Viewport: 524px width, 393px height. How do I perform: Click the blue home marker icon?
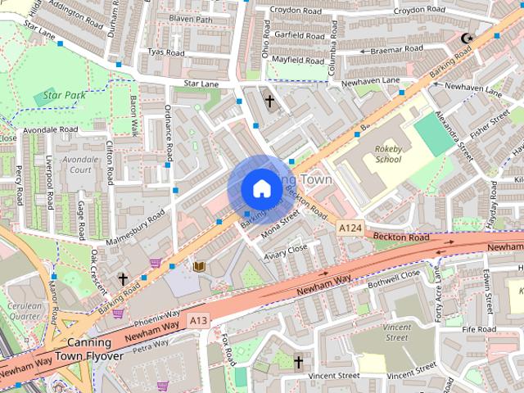261,188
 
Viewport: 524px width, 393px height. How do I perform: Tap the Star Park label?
65,96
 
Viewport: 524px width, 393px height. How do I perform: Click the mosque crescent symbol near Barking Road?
468,38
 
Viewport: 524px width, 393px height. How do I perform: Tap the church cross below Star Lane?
269,101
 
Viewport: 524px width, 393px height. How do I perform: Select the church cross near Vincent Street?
298,361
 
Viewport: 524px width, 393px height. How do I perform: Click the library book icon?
198,266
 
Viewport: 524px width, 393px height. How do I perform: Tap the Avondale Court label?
79,165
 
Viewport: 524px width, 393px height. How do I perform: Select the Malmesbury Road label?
135,226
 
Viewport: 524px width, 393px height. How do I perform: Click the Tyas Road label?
166,52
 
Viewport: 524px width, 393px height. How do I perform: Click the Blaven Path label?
190,19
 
